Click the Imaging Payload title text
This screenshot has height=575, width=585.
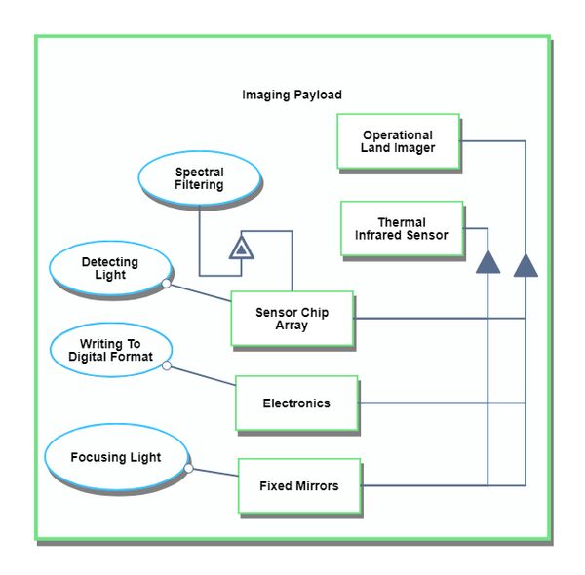coord(292,96)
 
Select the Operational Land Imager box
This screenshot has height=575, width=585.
coord(398,141)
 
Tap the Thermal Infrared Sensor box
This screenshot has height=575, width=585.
coord(402,229)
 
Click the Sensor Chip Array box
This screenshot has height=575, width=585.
coord(292,319)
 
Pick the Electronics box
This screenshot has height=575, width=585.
coord(295,402)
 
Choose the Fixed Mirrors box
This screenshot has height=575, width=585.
coord(298,485)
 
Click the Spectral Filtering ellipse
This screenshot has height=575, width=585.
coord(199,179)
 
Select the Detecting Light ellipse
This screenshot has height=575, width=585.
coord(109,269)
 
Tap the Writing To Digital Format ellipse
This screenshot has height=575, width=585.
coord(109,351)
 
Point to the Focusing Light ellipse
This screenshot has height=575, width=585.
coord(115,457)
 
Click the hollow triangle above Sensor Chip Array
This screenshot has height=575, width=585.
coord(242,249)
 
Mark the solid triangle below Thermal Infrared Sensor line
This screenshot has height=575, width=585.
coord(487,261)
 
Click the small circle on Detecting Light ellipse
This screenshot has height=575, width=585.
coord(167,284)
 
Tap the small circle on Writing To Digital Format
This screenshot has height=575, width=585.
coord(167,366)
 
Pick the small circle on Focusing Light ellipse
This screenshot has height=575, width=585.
coord(188,469)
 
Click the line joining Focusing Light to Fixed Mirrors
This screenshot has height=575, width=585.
coord(214,473)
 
